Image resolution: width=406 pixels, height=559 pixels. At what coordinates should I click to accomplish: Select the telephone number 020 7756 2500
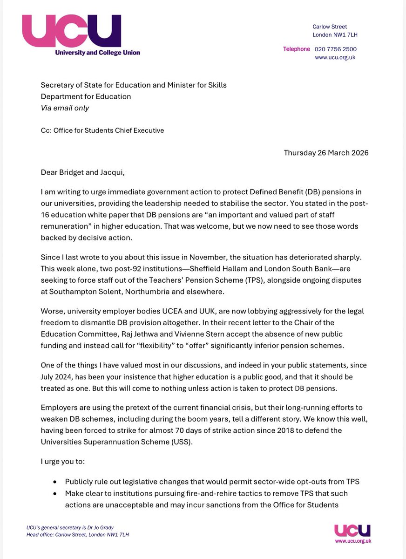[336, 49]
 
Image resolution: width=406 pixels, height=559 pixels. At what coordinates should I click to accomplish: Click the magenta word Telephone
[296, 49]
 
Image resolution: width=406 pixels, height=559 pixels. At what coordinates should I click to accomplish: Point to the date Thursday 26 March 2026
[326, 153]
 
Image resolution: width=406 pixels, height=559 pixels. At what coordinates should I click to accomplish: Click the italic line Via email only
[65, 108]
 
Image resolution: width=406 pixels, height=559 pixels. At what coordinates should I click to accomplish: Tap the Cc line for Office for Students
[102, 130]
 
